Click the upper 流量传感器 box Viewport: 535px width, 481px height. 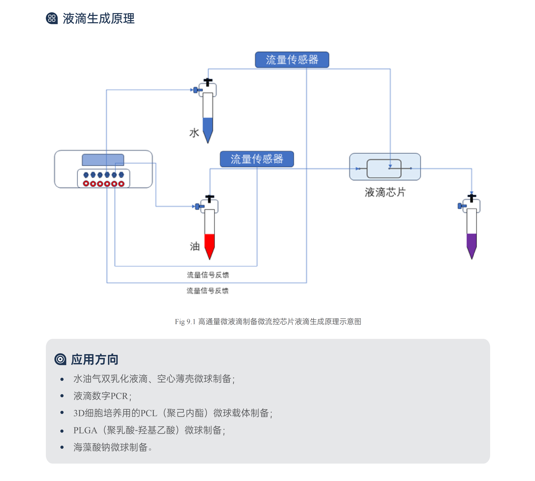pyautogui.click(x=292, y=60)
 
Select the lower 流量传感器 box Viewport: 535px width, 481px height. pyautogui.click(x=257, y=159)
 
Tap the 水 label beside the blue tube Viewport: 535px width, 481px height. pyautogui.click(x=194, y=133)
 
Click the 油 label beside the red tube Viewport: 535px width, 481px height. pyautogui.click(x=195, y=246)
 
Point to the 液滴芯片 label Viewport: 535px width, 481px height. pyautogui.click(x=385, y=192)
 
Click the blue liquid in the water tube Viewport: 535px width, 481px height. pyautogui.click(x=208, y=128)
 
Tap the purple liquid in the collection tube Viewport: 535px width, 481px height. pyautogui.click(x=472, y=243)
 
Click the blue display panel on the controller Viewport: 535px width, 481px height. pyautogui.click(x=103, y=160)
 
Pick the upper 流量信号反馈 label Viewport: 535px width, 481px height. pyautogui.click(x=208, y=275)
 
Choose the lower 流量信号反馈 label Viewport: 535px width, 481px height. pyautogui.click(x=207, y=291)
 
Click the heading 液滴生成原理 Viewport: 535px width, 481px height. pyautogui.click(x=99, y=19)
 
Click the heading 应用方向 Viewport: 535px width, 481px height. pyautogui.click(x=95, y=359)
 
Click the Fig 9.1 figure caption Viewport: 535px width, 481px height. pyautogui.click(x=268, y=322)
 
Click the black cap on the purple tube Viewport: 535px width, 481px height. pyautogui.click(x=472, y=197)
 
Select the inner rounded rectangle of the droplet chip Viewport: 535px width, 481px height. pyautogui.click(x=384, y=169)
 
